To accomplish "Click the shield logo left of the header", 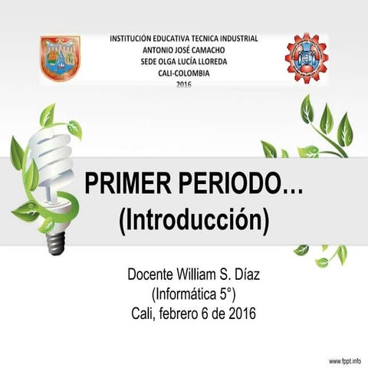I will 60,58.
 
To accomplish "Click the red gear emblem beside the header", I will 306,58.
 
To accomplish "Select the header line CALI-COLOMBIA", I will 183,73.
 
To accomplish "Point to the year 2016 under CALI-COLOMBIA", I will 183,84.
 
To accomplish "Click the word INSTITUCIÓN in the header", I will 136,37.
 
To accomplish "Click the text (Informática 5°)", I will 193,293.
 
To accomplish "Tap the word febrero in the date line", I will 184,313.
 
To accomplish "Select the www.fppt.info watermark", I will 345,360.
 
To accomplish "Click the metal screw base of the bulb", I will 54,244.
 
